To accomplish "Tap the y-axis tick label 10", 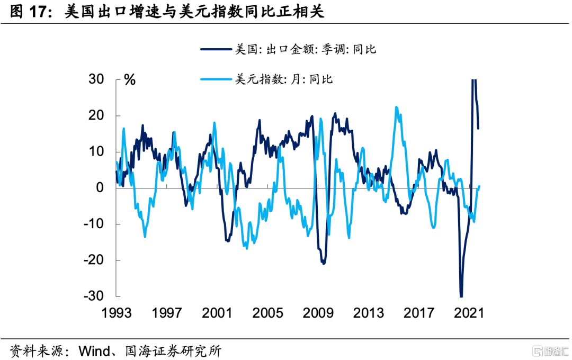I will pos(97,152).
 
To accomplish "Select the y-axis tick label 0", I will pos(102,188).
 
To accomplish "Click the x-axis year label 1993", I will pos(117,313).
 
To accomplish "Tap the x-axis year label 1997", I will pos(167,313).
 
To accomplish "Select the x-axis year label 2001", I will pos(217,313).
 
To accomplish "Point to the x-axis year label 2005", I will pos(267,313).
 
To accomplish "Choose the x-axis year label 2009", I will pos(318,313).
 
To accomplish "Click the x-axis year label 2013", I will pos(368,313).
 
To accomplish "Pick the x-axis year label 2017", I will pos(418,313).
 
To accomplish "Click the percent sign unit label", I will pos(130,80).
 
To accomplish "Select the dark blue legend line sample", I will pos(216,50).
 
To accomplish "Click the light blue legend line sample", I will pos(216,80).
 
